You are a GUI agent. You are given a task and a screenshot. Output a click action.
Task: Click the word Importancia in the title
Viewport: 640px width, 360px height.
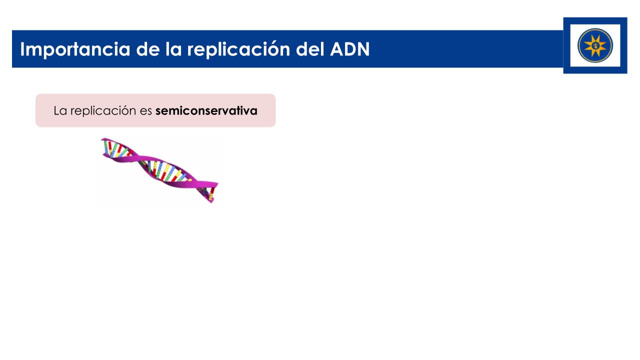point(75,49)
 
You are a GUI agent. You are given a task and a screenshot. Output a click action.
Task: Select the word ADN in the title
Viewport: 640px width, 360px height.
point(349,49)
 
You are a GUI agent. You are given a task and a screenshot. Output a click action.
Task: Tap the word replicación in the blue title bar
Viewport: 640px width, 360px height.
point(238,49)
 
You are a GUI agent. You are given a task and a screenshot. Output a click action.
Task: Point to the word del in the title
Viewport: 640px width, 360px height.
point(310,48)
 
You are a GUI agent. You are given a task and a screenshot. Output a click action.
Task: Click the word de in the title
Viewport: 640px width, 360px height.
point(147,48)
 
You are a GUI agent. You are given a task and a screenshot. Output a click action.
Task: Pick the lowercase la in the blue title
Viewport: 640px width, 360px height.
point(173,48)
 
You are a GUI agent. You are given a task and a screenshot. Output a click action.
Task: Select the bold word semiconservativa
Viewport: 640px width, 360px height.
point(206,110)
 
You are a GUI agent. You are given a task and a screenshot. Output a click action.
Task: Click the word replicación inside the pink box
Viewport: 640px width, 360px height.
point(103,111)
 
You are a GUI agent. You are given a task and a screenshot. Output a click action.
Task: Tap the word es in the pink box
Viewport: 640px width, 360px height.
point(145,111)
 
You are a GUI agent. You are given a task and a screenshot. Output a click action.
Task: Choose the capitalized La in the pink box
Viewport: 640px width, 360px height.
point(60,111)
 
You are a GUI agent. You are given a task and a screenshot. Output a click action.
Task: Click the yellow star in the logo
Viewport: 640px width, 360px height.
point(595,45)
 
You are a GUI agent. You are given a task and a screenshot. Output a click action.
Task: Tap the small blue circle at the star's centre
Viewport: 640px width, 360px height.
point(595,45)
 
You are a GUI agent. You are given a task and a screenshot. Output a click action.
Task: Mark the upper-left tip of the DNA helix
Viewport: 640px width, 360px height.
point(102,139)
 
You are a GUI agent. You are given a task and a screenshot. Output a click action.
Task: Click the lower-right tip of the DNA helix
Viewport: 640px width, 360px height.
point(212,201)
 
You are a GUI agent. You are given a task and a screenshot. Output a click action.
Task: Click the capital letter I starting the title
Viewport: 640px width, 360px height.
point(22,49)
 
